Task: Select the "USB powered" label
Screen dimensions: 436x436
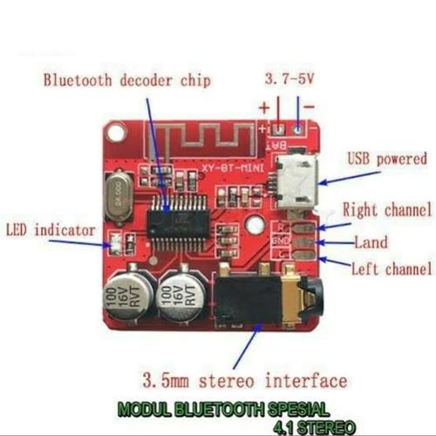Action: (387, 160)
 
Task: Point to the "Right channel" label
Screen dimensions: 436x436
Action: (386, 209)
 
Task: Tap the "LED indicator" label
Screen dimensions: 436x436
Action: (50, 230)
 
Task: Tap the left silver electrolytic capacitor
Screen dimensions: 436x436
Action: (126, 295)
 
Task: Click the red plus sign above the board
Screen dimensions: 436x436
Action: (264, 109)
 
